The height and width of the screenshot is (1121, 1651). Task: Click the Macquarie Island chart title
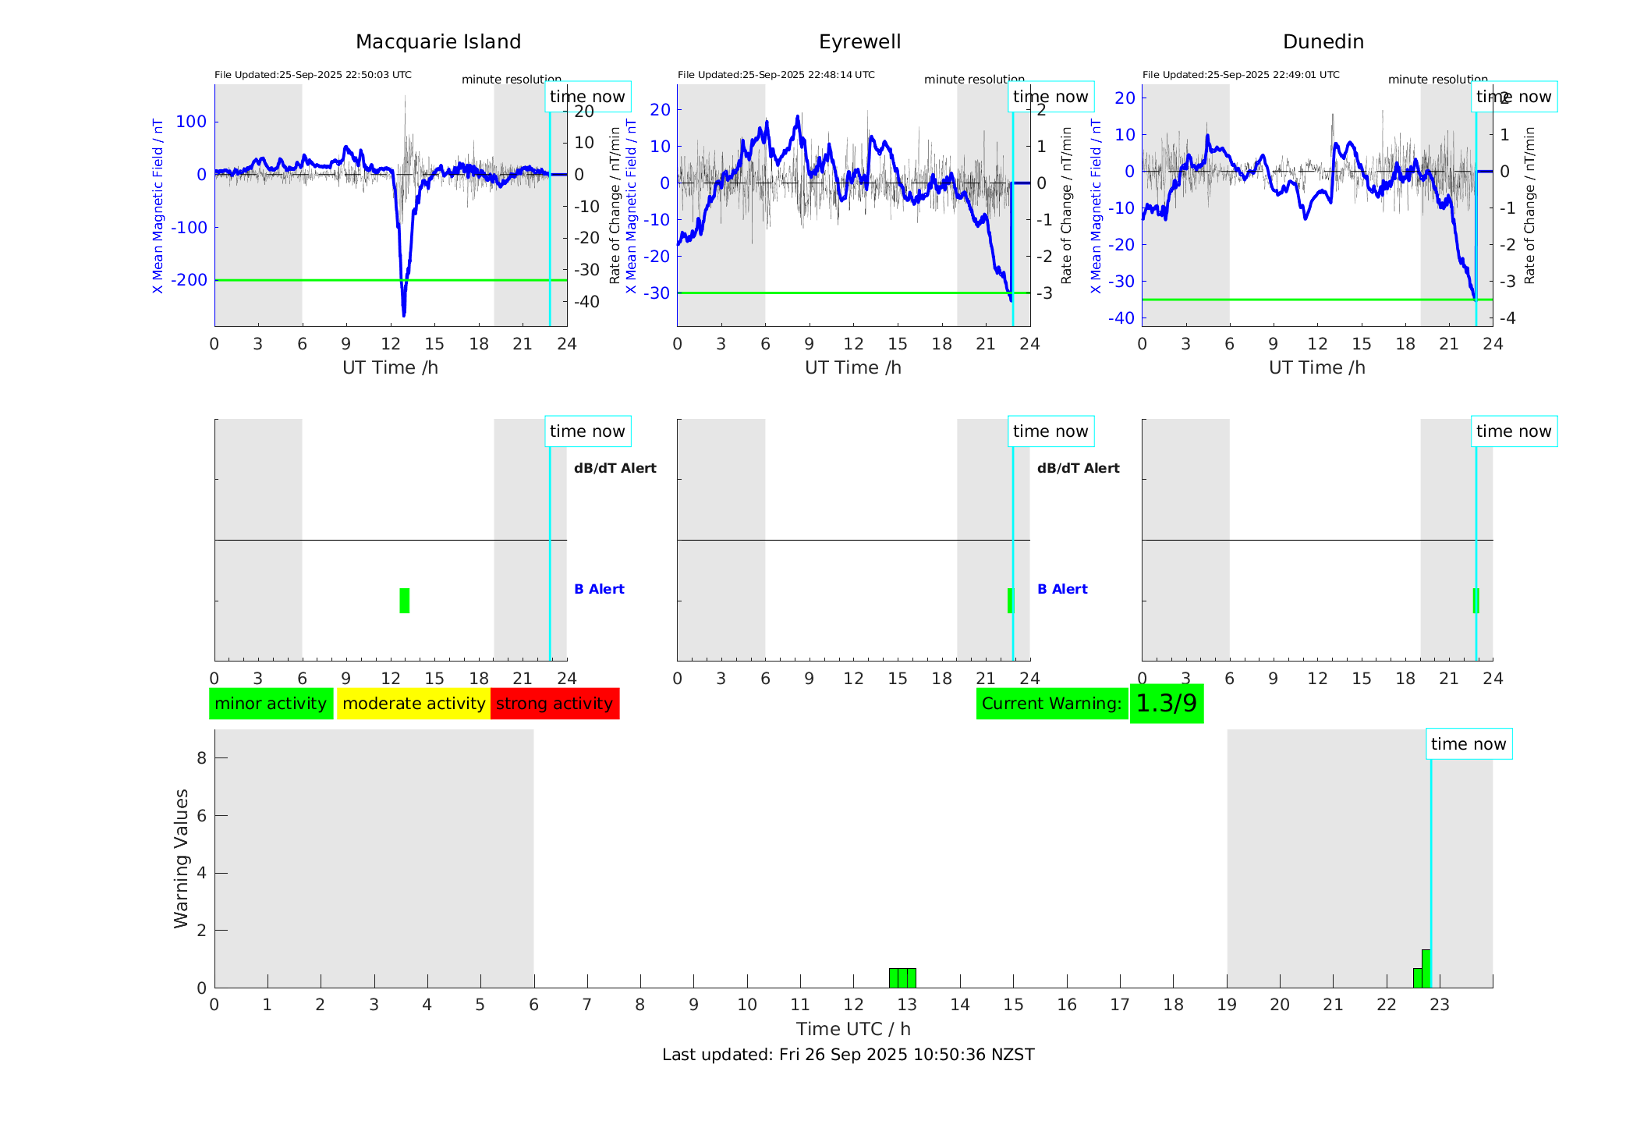pos(438,42)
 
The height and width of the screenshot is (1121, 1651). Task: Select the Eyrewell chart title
pos(859,42)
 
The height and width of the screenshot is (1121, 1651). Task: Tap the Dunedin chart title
pos(1323,42)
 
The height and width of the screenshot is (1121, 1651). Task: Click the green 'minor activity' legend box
pos(271,704)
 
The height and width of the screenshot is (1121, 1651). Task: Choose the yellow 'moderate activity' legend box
pos(413,704)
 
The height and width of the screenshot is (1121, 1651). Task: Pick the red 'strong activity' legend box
pos(554,704)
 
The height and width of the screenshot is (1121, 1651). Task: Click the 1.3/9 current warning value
pos(1166,704)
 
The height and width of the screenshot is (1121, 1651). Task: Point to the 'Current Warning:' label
pos(1051,704)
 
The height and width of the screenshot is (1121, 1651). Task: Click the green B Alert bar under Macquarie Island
pos(404,601)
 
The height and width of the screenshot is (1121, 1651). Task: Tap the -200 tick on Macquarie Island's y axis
pos(190,280)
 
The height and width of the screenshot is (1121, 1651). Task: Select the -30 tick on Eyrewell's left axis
pos(660,293)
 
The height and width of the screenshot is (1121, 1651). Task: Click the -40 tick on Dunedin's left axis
pos(1122,318)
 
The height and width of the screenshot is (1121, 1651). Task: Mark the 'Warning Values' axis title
pos(181,858)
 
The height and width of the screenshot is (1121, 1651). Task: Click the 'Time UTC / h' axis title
pos(853,1029)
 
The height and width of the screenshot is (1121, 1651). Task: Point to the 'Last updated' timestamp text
pos(848,1055)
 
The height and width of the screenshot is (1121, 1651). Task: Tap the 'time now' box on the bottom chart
pos(1469,744)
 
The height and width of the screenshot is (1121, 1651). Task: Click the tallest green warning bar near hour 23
pos(1426,968)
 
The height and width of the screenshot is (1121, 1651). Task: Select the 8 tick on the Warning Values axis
pos(202,757)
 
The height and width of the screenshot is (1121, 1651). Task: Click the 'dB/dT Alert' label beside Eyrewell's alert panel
pos(1078,468)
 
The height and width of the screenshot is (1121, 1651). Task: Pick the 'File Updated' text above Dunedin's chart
pos(1240,75)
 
